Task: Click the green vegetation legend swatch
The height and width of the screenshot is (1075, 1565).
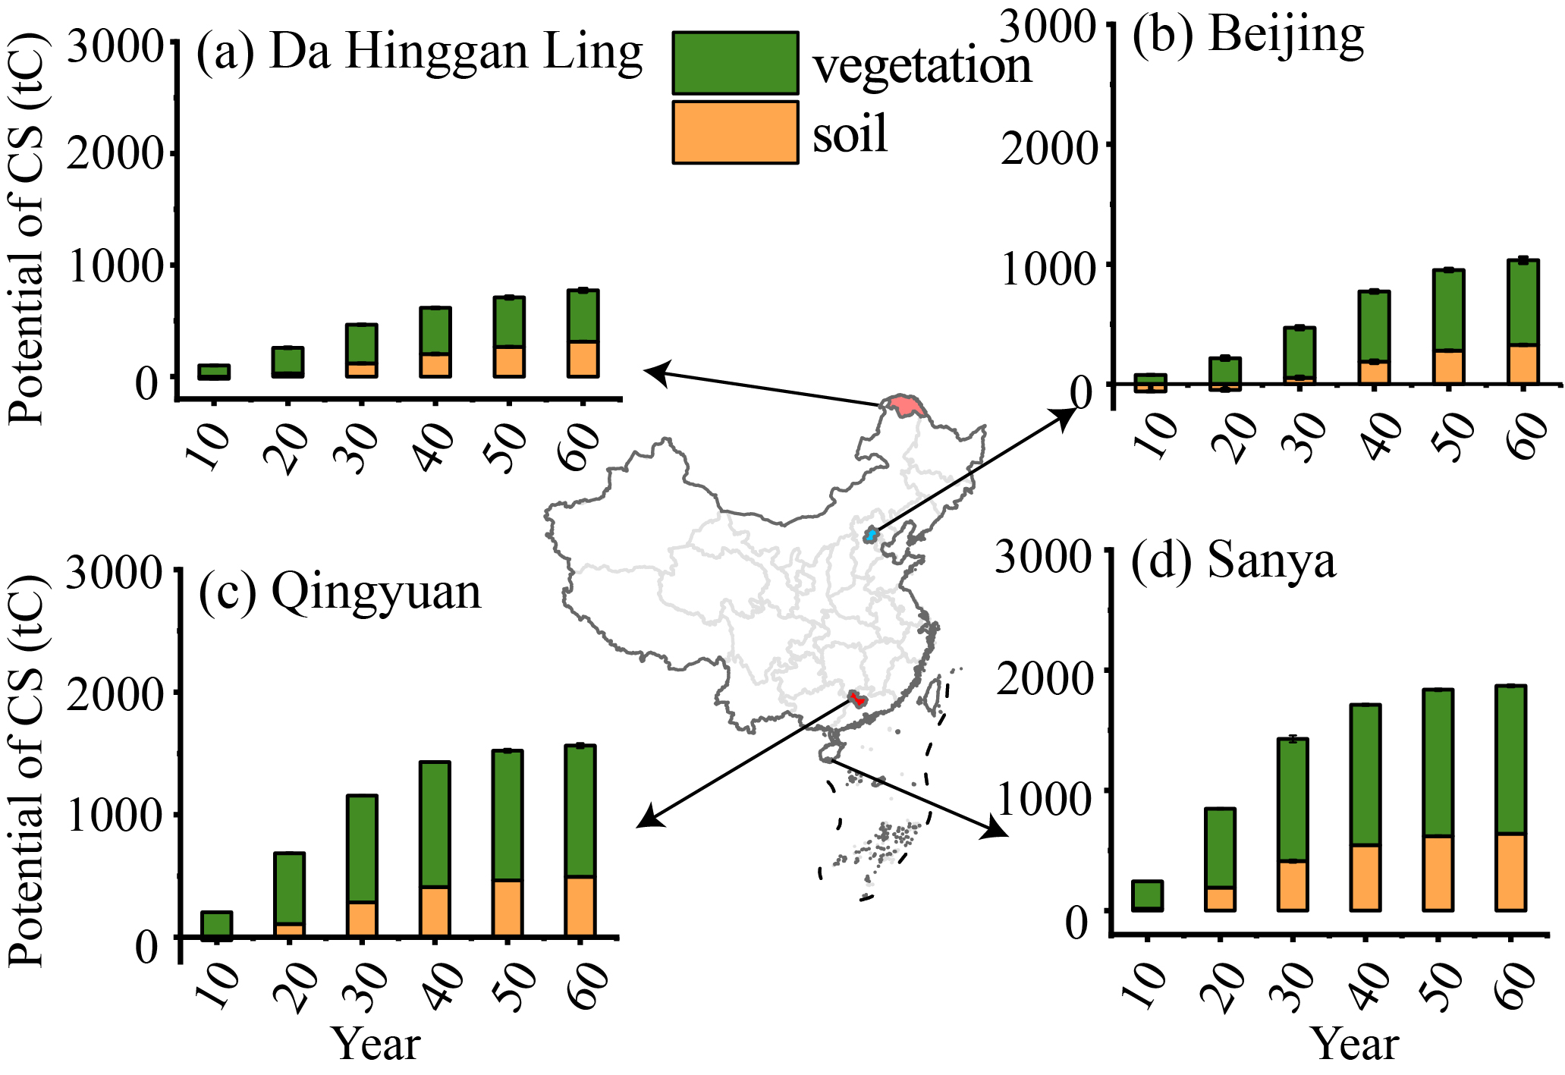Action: (x=734, y=63)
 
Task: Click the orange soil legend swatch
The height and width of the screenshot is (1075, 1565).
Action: (x=734, y=133)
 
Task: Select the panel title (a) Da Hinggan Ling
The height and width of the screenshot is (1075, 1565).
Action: (x=419, y=53)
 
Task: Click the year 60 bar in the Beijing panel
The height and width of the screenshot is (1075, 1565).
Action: (x=1523, y=322)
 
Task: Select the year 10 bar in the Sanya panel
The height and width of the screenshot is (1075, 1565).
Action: (x=1146, y=896)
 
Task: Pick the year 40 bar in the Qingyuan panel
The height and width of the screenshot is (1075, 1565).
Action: (x=435, y=848)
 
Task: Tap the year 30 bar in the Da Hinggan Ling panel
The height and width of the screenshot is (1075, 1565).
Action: (x=362, y=350)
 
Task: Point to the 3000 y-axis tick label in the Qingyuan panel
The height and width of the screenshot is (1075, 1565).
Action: (x=114, y=573)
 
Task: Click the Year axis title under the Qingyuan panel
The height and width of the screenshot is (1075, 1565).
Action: (x=377, y=1045)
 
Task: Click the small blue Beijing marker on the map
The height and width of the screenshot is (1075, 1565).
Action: (x=871, y=535)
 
